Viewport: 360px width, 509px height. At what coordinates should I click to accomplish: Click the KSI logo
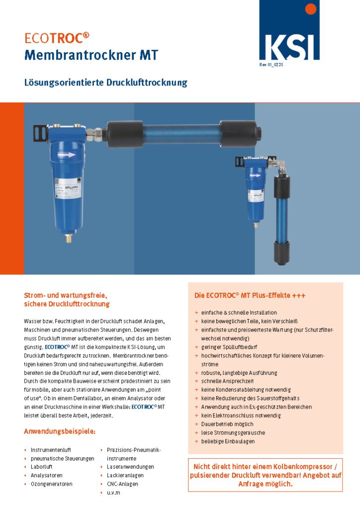[x=289, y=30]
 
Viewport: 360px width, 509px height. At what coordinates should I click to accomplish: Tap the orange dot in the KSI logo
[x=311, y=9]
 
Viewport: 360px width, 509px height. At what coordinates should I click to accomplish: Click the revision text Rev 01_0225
[x=271, y=65]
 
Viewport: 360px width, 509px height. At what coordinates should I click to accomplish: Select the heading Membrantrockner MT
[x=91, y=55]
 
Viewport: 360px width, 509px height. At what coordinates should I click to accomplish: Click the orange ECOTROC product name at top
[x=57, y=38]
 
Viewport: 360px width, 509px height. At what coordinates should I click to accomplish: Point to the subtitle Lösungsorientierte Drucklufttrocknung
[x=106, y=83]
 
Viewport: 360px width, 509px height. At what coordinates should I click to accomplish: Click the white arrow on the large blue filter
[x=67, y=155]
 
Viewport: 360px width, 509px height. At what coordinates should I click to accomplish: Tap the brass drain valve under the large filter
[x=69, y=238]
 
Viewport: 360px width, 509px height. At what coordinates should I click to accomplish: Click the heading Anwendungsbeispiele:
[x=60, y=431]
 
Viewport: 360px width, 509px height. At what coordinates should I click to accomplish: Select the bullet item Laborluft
[x=42, y=467]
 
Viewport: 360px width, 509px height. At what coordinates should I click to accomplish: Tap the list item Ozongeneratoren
[x=52, y=484]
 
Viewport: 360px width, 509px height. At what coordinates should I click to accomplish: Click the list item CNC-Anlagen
[x=122, y=484]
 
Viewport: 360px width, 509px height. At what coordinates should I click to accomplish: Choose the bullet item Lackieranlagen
[x=125, y=475]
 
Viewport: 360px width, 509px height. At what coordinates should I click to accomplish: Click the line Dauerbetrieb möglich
[x=227, y=424]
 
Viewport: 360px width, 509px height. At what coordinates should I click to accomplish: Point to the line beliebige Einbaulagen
[x=228, y=441]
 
